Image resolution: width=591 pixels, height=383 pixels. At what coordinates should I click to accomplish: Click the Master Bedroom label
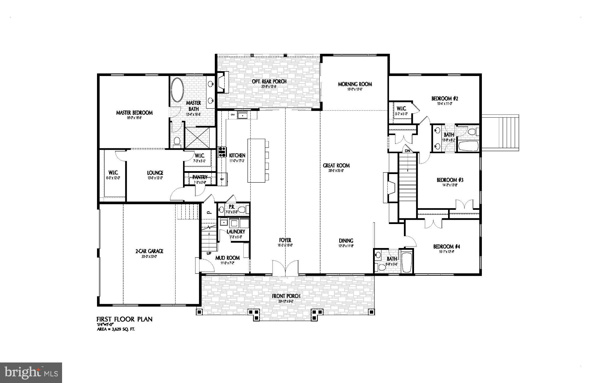point(134,113)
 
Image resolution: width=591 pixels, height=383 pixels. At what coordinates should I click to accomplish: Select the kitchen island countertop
point(256,160)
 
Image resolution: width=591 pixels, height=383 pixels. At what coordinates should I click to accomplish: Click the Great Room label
point(336,166)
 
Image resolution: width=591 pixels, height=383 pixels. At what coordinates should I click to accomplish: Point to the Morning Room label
point(355,84)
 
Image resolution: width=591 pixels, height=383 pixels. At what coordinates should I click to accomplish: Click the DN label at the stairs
point(407,151)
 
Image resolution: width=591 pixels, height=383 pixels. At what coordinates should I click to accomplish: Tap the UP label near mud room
point(209,254)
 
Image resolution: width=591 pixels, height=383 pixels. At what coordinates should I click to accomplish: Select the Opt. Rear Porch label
point(269,82)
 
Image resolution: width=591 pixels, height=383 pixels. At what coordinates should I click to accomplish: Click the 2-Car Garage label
point(149,251)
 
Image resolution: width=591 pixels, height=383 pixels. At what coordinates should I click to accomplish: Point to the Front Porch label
point(286,296)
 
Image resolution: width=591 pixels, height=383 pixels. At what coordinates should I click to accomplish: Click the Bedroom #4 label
point(446,247)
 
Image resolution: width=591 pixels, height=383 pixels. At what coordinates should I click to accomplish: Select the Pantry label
point(200,177)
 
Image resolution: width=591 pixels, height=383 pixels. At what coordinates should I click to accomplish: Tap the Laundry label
point(236,232)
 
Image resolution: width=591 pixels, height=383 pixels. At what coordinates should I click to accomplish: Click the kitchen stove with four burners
point(222,152)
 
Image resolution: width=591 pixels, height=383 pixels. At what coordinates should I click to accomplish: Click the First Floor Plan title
point(124,319)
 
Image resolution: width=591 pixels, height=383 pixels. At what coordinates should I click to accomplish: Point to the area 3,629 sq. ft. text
point(116,329)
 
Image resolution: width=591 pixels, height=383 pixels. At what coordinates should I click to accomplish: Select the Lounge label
point(155,173)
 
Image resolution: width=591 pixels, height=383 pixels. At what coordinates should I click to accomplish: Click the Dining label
point(346,240)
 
